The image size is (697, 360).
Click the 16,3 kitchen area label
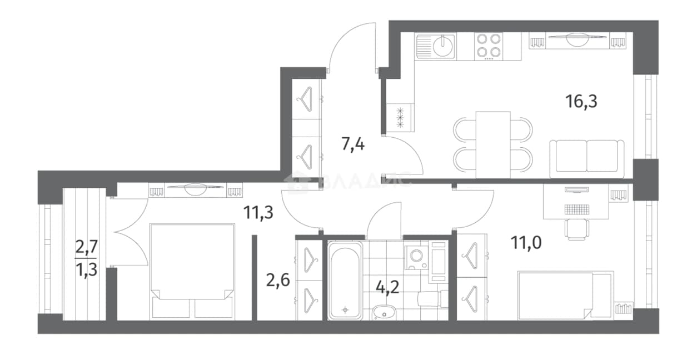(581, 102)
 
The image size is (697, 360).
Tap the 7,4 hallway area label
(353, 144)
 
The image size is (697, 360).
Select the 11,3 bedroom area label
(258, 213)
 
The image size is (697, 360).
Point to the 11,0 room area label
(526, 243)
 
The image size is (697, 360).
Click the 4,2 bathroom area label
(387, 287)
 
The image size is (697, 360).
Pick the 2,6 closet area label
(278, 280)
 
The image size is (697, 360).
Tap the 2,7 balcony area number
(87, 248)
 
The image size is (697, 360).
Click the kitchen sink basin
(442, 46)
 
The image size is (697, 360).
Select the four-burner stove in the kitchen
(489, 46)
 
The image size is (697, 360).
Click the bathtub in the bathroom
(345, 281)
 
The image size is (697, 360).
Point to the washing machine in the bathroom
(416, 258)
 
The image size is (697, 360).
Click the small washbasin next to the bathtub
(384, 313)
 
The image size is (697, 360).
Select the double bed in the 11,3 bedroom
(192, 272)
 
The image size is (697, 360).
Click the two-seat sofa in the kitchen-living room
(587, 159)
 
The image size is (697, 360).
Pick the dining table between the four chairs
(493, 145)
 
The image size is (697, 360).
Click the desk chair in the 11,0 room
(576, 229)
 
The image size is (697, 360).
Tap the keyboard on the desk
(576, 209)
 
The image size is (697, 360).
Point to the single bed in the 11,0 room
(565, 296)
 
